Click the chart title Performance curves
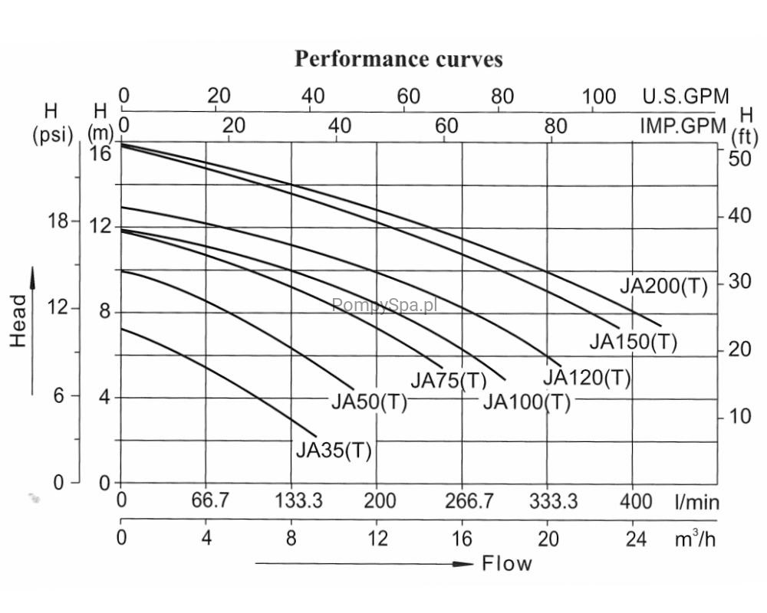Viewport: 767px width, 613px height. [x=399, y=60]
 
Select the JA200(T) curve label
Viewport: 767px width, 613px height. [x=663, y=287]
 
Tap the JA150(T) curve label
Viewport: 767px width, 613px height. [x=634, y=343]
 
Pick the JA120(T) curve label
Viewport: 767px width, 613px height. [x=587, y=378]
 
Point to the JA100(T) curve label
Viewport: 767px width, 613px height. [x=527, y=402]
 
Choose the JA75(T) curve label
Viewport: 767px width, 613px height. [x=449, y=381]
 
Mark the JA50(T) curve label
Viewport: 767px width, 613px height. [x=369, y=402]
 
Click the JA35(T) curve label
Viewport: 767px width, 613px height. [x=334, y=451]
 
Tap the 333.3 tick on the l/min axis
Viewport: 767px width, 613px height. [x=554, y=502]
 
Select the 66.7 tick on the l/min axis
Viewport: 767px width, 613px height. [x=210, y=502]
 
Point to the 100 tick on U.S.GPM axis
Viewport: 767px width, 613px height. [x=599, y=97]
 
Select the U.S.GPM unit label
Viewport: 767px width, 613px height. [x=686, y=97]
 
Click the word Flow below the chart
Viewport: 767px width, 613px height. [x=506, y=565]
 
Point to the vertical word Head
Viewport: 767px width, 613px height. [x=18, y=322]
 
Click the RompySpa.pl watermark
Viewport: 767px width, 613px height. [x=384, y=305]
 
